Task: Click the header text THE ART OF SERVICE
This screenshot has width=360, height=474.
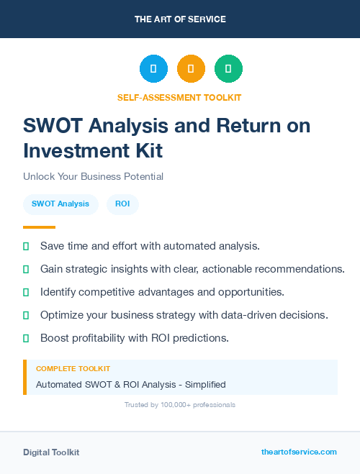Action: (180, 19)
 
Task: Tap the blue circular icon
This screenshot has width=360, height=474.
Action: (153, 68)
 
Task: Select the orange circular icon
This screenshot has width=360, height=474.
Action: (191, 68)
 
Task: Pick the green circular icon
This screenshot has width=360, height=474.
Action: (228, 68)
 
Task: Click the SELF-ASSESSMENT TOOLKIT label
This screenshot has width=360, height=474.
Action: (180, 97)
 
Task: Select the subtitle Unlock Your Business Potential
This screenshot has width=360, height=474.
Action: (93, 176)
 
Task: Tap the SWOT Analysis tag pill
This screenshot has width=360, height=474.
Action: (60, 204)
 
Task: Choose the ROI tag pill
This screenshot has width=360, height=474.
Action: (122, 204)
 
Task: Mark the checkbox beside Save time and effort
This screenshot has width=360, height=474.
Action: (26, 246)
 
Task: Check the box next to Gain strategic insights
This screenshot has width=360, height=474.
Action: (26, 269)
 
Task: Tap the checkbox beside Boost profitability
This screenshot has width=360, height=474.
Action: (26, 338)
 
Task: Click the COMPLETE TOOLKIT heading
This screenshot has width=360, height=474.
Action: (73, 369)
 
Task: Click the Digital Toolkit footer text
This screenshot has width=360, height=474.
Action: (51, 452)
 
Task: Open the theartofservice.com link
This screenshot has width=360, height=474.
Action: (299, 452)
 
